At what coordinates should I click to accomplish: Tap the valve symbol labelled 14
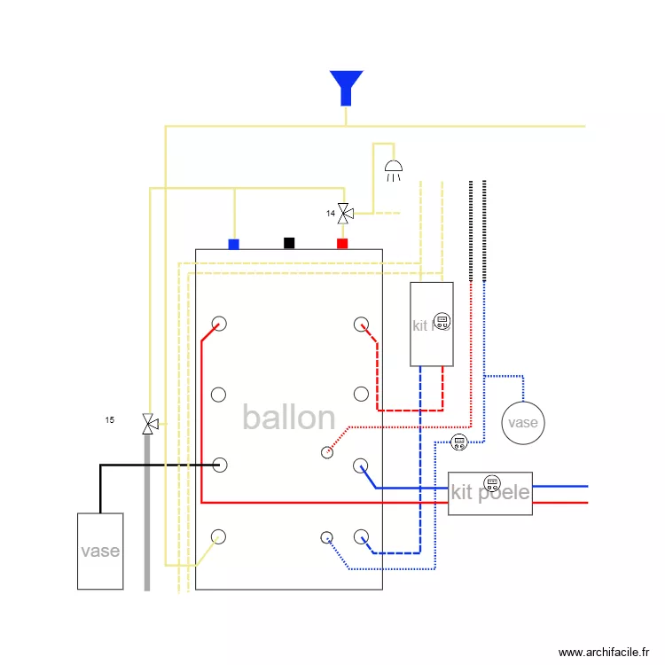345,213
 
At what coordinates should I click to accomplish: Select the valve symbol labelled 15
149,424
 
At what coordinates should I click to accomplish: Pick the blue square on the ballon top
234,244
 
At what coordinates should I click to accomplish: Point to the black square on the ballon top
288,243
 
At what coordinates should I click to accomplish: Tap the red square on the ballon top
342,244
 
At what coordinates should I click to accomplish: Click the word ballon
288,418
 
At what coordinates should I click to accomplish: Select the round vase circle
522,422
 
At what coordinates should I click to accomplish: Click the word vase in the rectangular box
100,551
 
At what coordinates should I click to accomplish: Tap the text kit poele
489,493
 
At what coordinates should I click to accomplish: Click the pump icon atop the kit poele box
491,483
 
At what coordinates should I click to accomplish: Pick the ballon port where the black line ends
219,465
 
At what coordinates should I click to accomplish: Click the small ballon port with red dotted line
327,452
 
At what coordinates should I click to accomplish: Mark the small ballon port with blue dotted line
327,537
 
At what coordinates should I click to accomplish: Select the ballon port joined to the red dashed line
361,324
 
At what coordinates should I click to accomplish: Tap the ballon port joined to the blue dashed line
361,536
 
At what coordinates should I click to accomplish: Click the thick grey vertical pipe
147,514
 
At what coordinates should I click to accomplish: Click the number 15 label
110,419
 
